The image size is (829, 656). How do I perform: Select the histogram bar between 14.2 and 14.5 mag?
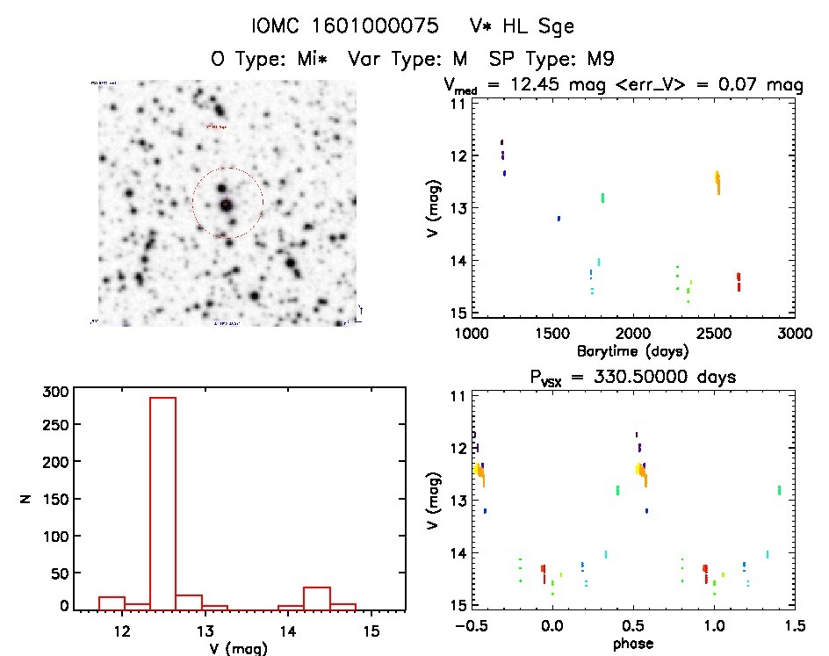(x=316, y=598)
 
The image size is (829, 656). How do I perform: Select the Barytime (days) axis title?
(x=632, y=351)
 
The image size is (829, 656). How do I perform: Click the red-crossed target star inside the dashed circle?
(x=227, y=204)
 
